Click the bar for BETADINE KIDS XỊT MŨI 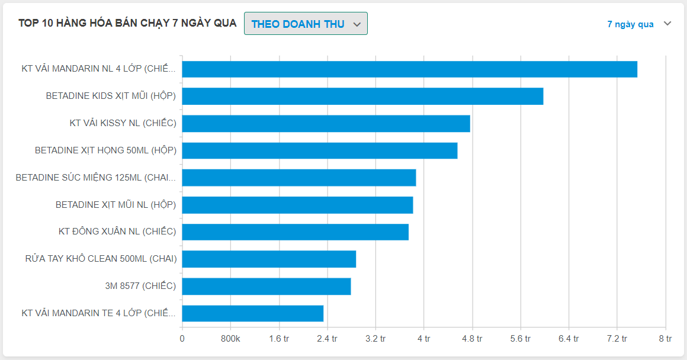pos(362,97)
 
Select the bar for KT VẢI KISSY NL pos(326,124)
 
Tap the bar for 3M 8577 pos(266,287)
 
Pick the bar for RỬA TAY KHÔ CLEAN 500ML pos(269,259)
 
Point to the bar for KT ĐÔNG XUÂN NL pos(295,232)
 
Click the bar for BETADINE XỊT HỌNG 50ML pos(320,151)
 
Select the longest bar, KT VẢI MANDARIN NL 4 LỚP pos(409,69)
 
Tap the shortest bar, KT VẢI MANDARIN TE pos(252,313)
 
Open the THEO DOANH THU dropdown pos(306,24)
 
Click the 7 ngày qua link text pos(630,24)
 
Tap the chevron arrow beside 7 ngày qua pos(667,24)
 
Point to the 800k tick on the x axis pos(230,339)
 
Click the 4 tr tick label pos(423,339)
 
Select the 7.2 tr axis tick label pos(617,339)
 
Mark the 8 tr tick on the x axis pos(665,339)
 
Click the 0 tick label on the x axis pos(182,339)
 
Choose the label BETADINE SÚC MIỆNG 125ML pos(96,178)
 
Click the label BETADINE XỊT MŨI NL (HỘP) pos(116,205)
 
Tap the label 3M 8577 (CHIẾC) pos(140,287)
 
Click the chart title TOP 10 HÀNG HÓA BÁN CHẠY pos(127,24)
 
